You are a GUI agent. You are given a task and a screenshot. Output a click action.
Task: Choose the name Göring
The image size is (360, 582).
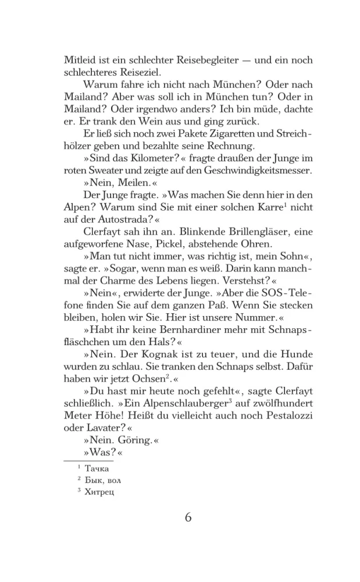coord(132,441)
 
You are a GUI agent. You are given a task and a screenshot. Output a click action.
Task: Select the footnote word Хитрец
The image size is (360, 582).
coord(100,492)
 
